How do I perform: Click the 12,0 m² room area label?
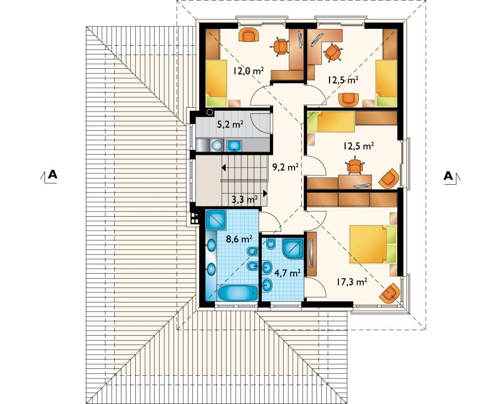(x=248, y=71)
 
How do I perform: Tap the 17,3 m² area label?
(x=351, y=282)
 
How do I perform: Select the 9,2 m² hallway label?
(x=286, y=167)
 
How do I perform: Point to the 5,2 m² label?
(x=230, y=125)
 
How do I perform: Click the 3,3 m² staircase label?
(x=245, y=200)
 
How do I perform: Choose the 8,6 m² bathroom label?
(x=239, y=239)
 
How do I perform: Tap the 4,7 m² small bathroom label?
(x=287, y=272)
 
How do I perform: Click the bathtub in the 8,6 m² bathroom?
(x=238, y=293)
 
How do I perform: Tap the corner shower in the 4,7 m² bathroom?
(x=292, y=248)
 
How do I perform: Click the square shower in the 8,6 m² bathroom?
(x=216, y=219)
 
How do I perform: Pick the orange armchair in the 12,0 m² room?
(x=248, y=34)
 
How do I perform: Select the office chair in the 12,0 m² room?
(x=281, y=47)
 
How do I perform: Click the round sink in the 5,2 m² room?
(x=217, y=145)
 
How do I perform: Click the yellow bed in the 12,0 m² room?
(x=216, y=83)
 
